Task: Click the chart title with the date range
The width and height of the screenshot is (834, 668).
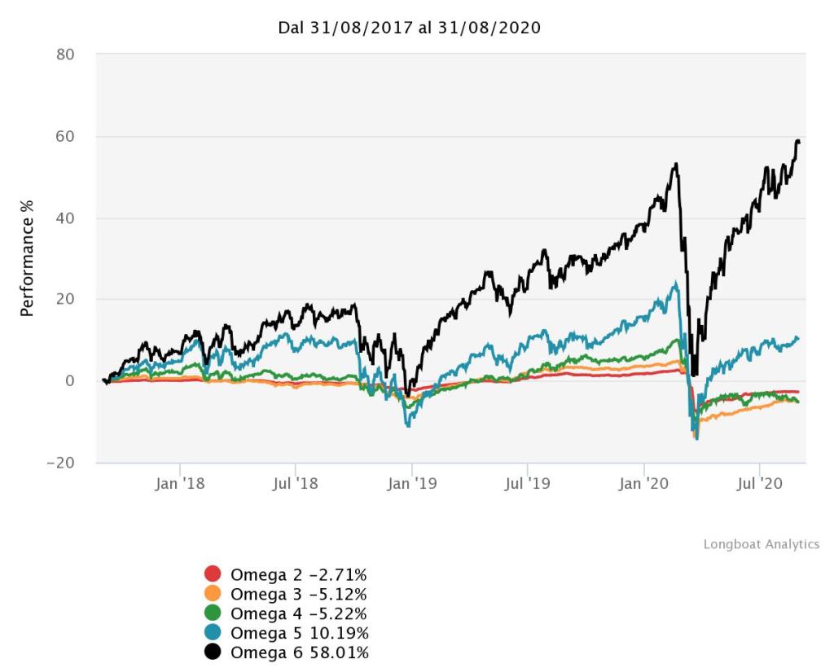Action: pyautogui.click(x=410, y=28)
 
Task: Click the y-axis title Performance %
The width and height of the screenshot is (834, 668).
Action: pyautogui.click(x=27, y=259)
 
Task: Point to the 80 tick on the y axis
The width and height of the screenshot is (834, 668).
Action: pyautogui.click(x=65, y=55)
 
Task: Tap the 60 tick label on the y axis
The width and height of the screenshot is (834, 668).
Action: pyautogui.click(x=65, y=136)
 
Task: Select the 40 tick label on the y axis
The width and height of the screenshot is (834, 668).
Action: pyautogui.click(x=65, y=218)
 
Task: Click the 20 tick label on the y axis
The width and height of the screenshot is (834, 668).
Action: pyautogui.click(x=65, y=299)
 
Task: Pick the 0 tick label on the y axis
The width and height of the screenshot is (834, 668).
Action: pyautogui.click(x=70, y=380)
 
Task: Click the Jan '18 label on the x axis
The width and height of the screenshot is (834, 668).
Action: pyautogui.click(x=179, y=484)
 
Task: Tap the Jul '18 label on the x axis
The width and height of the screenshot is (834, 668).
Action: pyautogui.click(x=294, y=484)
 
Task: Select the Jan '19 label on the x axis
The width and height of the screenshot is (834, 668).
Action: pyautogui.click(x=412, y=484)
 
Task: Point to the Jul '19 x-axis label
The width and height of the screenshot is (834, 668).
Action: pyautogui.click(x=527, y=484)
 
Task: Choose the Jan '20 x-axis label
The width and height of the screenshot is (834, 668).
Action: pyautogui.click(x=644, y=484)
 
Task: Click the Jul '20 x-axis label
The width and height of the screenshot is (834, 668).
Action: pyautogui.click(x=759, y=484)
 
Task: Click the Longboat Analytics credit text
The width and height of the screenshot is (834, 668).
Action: pyautogui.click(x=761, y=544)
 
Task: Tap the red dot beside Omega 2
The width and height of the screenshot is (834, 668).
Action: pyautogui.click(x=213, y=574)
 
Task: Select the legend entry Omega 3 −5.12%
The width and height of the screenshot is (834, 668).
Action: pyautogui.click(x=298, y=594)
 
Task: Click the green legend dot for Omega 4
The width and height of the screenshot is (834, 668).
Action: pyautogui.click(x=213, y=613)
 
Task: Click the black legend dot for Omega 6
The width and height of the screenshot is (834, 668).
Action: pyautogui.click(x=213, y=653)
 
